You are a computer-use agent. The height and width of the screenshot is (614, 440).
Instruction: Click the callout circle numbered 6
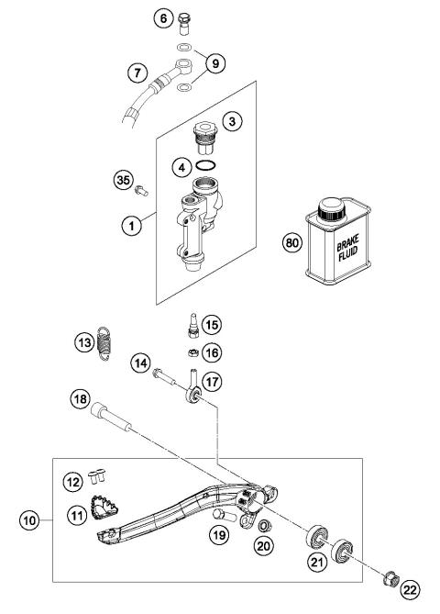[164, 17]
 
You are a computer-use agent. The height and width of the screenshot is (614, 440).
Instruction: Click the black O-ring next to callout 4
[208, 168]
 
